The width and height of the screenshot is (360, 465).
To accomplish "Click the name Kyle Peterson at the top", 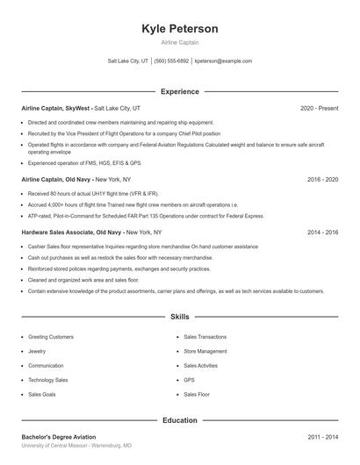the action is pyautogui.click(x=180, y=29).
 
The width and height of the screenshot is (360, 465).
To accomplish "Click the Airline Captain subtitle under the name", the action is pyautogui.click(x=180, y=43).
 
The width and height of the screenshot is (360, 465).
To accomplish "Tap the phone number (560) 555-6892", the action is pyautogui.click(x=171, y=61).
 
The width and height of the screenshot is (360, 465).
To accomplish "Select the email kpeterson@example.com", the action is pyautogui.click(x=223, y=61).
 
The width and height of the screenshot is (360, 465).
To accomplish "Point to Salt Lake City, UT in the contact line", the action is pyautogui.click(x=128, y=61).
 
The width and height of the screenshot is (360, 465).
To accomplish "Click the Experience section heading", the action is pyautogui.click(x=180, y=91).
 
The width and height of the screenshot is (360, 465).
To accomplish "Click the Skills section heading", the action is pyautogui.click(x=180, y=316).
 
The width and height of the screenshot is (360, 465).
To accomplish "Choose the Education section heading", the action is pyautogui.click(x=180, y=420).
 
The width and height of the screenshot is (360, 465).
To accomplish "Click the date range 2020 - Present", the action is pyautogui.click(x=319, y=108).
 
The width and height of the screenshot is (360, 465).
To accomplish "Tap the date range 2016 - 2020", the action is pyautogui.click(x=322, y=179).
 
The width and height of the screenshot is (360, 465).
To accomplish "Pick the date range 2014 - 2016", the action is pyautogui.click(x=322, y=232).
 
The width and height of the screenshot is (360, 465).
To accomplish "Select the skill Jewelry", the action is pyautogui.click(x=38, y=351).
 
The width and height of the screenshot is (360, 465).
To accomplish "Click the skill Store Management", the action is pyautogui.click(x=205, y=351).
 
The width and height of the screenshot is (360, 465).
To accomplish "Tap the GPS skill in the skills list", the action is pyautogui.click(x=189, y=380).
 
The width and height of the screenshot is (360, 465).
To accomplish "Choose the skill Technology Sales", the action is pyautogui.click(x=48, y=380).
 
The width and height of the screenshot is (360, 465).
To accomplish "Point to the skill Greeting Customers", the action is pyautogui.click(x=51, y=337).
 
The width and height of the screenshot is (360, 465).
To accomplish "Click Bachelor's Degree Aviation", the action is pyautogui.click(x=58, y=436).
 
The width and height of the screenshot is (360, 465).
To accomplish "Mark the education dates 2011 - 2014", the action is pyautogui.click(x=322, y=436).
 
